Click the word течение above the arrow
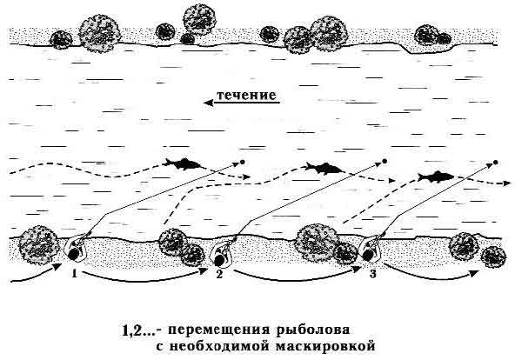click(x=246, y=95)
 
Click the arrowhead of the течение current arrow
click(x=208, y=103)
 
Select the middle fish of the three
click(x=324, y=168)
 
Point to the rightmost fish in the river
click(x=436, y=177)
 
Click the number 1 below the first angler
click(x=75, y=273)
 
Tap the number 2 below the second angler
click(x=219, y=274)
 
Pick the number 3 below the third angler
click(x=373, y=274)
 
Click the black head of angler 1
click(x=74, y=254)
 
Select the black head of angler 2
click(x=218, y=260)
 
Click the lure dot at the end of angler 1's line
click(x=243, y=162)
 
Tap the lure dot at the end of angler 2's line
click(x=385, y=161)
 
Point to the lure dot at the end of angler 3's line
click(x=496, y=162)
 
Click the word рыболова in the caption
click(x=311, y=330)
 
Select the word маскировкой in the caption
click(x=325, y=347)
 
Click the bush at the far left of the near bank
click(x=37, y=245)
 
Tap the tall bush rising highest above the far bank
click(x=199, y=19)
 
